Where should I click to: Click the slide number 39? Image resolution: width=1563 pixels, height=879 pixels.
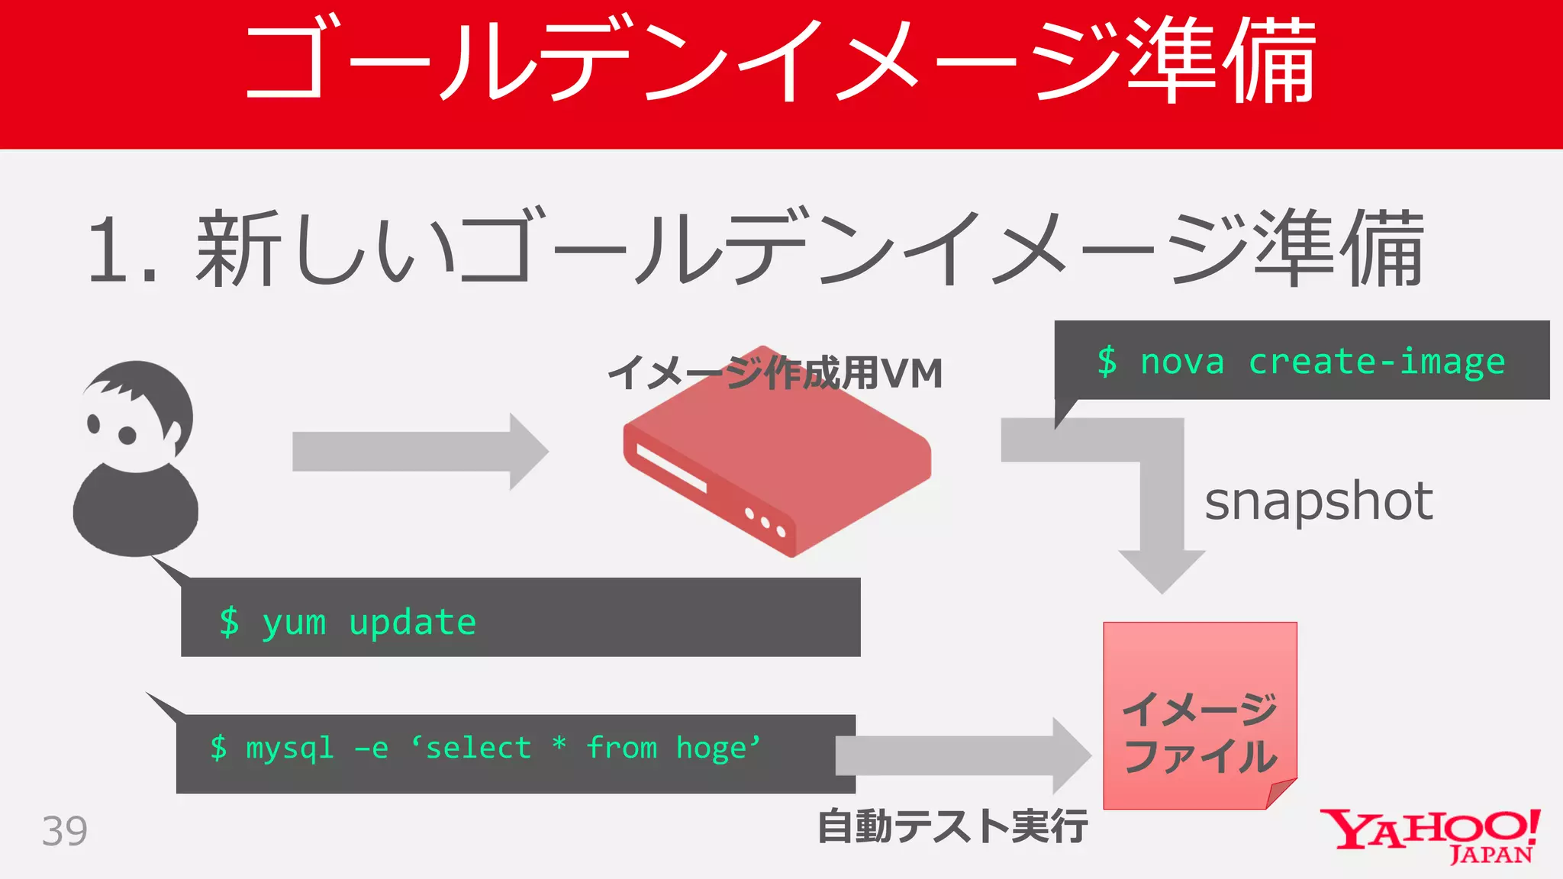pos(65,831)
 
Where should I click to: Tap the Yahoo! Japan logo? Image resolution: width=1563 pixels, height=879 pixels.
pos(1430,835)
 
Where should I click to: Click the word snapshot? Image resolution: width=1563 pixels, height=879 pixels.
pos(1318,501)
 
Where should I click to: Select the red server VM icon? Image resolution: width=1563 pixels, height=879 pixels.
pos(776,465)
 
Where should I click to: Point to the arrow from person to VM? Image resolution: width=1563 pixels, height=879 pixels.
pos(420,451)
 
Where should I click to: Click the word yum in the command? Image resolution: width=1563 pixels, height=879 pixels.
pos(294,622)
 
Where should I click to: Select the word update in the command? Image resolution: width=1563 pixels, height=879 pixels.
pos(412,622)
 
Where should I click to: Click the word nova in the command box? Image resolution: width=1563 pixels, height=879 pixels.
pos(1181,361)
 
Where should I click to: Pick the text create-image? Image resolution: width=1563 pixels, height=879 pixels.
pos(1376,361)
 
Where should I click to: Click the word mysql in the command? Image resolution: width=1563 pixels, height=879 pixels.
pos(290,748)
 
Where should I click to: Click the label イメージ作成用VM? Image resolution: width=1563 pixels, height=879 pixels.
pos(775,373)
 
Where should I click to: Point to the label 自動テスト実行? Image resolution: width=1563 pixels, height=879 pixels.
pos(952,826)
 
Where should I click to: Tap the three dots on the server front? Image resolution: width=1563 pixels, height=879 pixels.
pos(765,523)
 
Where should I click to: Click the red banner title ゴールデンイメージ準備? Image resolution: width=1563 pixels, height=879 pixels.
pos(780,61)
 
